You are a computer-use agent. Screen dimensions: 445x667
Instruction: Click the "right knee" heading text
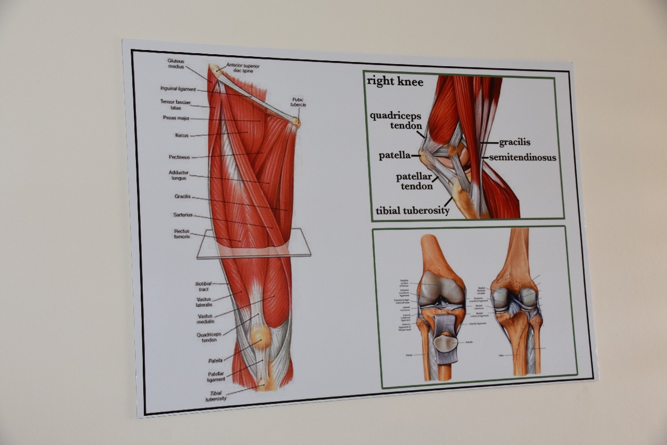point(395,81)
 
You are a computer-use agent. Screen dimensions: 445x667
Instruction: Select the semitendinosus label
point(523,157)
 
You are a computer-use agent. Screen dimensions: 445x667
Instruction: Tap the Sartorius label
point(183,215)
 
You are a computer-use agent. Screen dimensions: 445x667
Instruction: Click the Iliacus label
point(181,135)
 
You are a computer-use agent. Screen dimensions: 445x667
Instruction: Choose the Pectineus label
point(179,157)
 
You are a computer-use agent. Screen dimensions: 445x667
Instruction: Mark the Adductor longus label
point(179,175)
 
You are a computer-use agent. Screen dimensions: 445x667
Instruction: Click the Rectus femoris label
point(182,234)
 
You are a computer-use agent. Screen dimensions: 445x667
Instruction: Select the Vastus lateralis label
point(204,302)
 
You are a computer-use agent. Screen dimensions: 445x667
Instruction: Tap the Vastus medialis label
point(205,319)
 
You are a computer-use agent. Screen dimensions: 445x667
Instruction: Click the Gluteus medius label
point(176,64)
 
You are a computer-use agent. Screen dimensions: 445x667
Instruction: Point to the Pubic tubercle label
point(298,102)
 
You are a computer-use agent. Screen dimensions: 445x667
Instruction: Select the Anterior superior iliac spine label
point(243,68)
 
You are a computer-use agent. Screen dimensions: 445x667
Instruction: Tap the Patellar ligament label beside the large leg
point(216,377)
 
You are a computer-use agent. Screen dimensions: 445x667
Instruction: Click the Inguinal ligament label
point(178,89)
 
